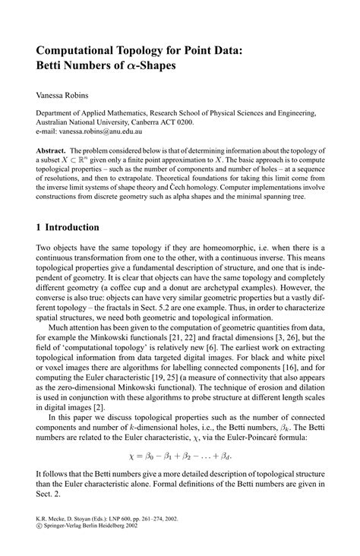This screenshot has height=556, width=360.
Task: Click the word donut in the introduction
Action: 176,290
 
